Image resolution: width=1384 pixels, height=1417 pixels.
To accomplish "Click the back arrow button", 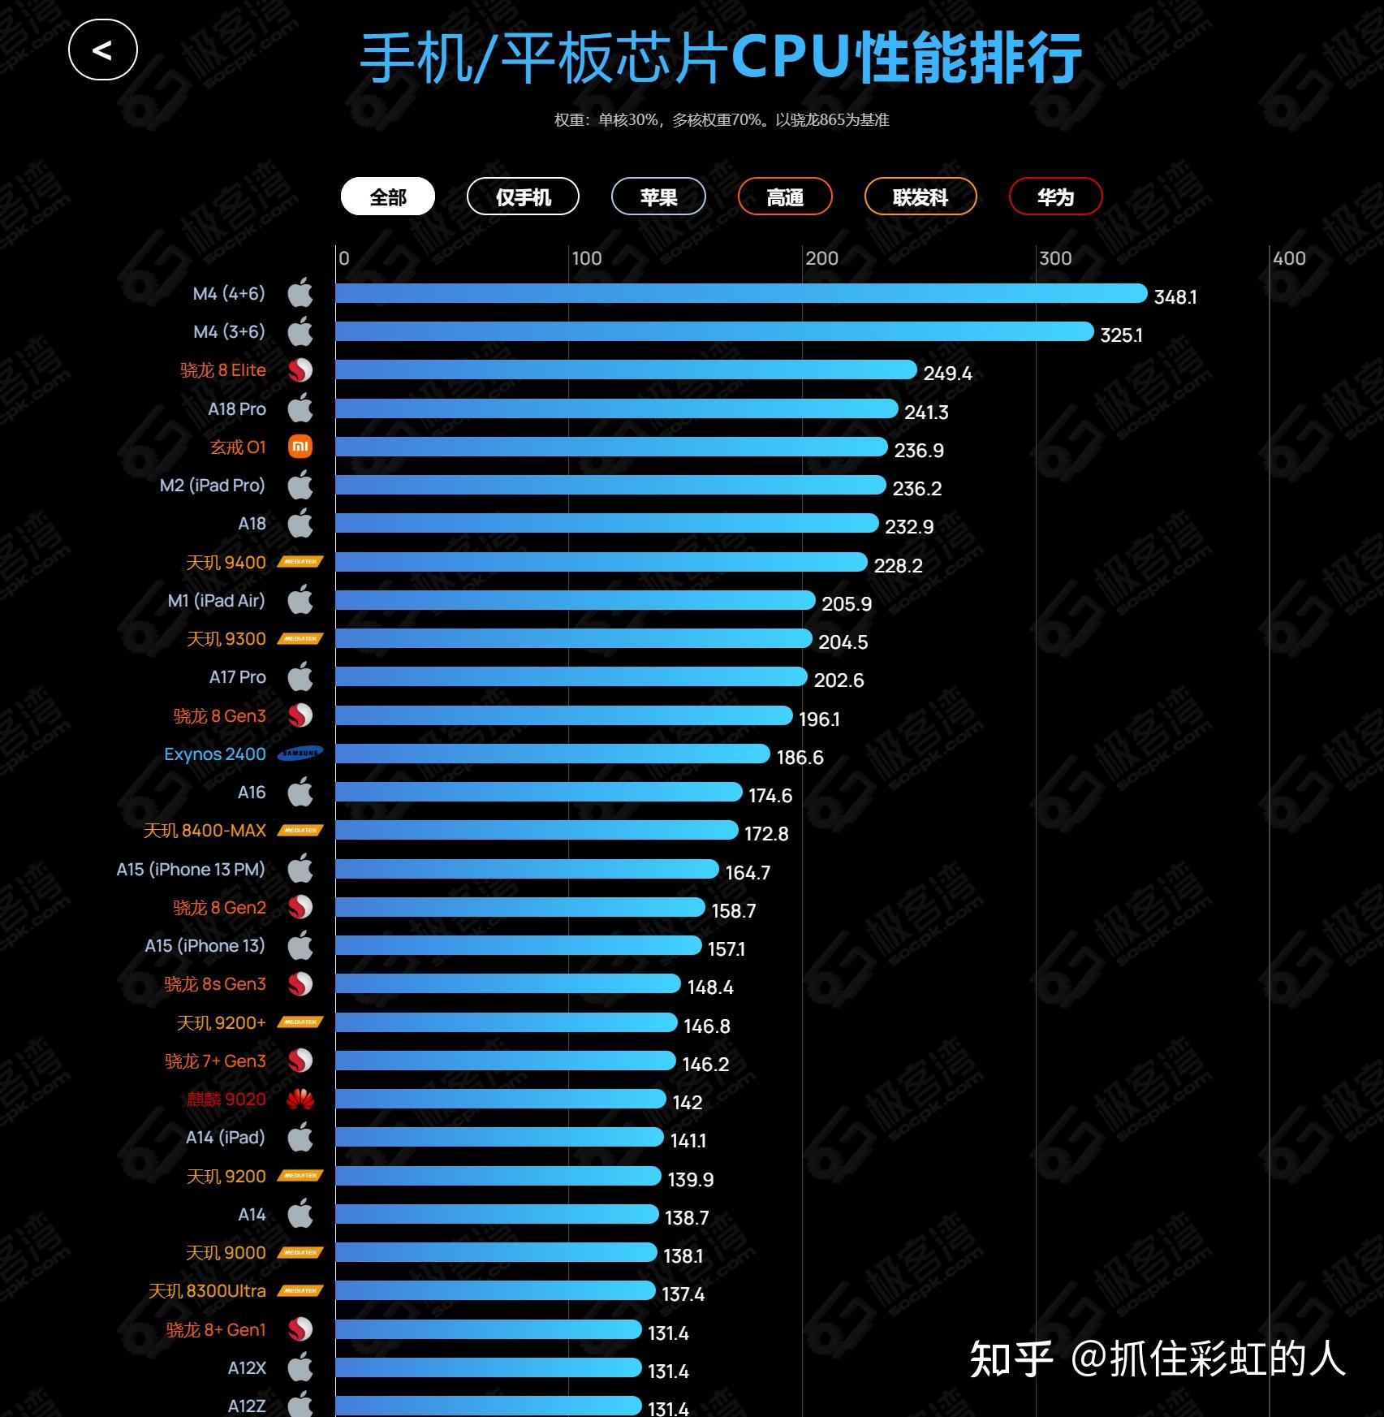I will pos(103,50).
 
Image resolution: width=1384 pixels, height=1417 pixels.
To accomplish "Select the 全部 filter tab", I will pos(388,197).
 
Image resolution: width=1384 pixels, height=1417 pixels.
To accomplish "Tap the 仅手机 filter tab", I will pos(523,197).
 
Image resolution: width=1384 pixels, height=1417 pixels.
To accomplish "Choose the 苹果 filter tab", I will pos(658,197).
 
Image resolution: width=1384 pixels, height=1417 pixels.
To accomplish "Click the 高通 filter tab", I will pos(785,197).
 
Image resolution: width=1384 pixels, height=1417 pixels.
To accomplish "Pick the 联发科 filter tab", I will pos(921,197).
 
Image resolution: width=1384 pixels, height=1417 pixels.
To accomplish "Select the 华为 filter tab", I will pos(1055,197).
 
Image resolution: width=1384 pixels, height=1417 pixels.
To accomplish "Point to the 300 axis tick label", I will pos(1055,258).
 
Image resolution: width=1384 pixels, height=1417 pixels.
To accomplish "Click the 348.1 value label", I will pos(1175,296).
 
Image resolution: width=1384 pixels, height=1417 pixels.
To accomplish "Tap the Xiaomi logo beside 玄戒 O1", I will pos(300,447).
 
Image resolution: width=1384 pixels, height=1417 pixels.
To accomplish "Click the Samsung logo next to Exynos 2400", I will pos(300,754).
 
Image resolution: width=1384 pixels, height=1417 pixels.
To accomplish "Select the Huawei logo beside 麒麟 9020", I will pos(300,1099).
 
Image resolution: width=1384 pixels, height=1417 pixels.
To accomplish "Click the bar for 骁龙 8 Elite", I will pos(625,370).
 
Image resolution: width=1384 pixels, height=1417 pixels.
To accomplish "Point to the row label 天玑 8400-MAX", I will pos(205,831).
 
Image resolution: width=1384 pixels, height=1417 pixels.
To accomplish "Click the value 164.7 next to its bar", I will pos(748,872).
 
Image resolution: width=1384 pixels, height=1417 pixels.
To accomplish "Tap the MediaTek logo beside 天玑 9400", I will pos(300,562).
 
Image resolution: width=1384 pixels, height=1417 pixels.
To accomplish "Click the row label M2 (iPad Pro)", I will pos(213,486).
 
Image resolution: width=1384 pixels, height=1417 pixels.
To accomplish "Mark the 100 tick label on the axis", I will pos(587,258).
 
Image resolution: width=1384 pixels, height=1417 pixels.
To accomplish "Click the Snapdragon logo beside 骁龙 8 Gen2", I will pos(300,907).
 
